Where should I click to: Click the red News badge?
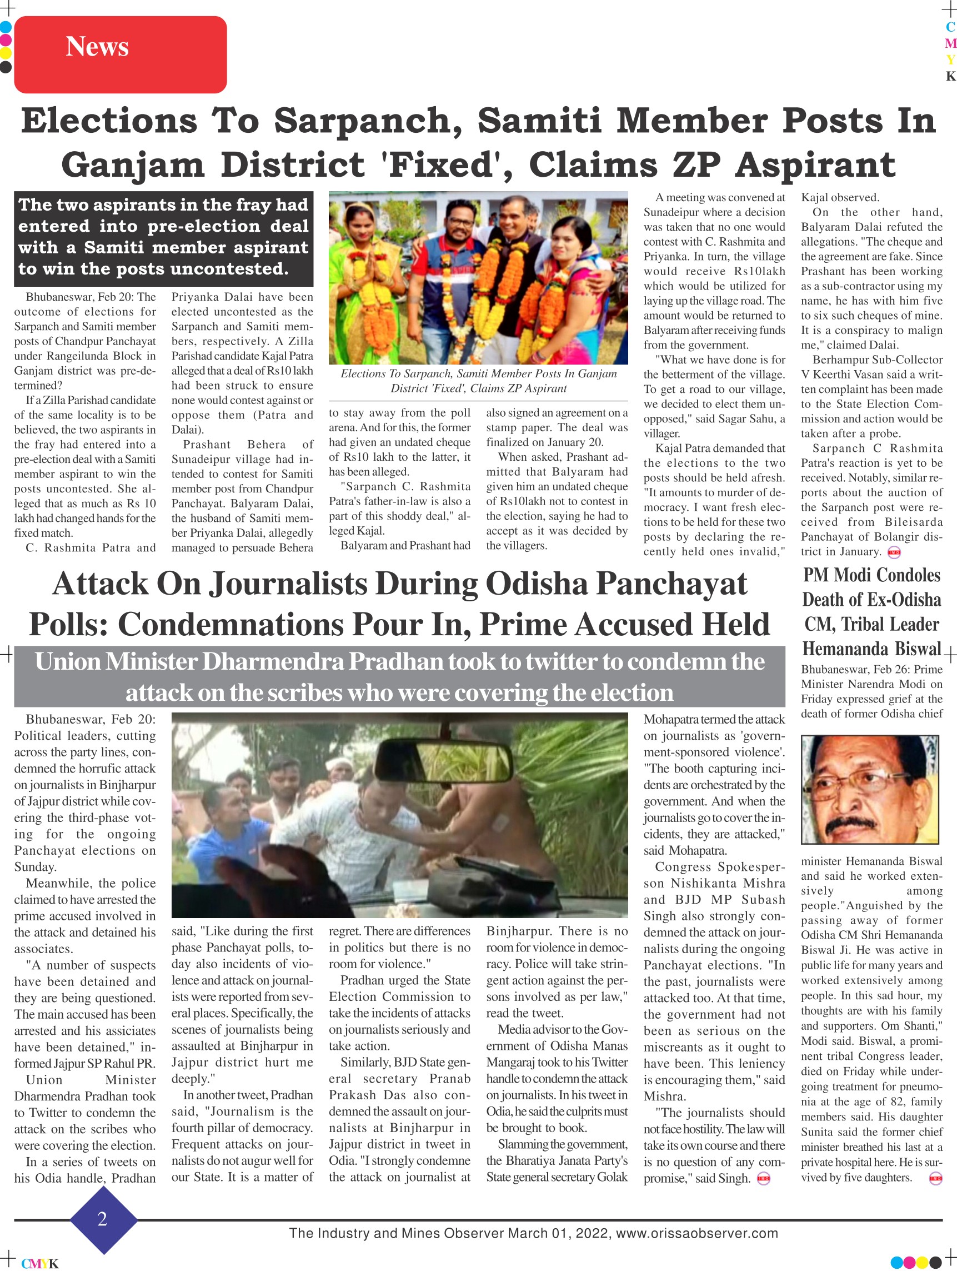(120, 54)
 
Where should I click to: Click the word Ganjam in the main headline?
(133, 165)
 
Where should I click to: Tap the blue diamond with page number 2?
(103, 1219)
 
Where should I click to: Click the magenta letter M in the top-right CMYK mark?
(951, 43)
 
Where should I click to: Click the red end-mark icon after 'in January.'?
(894, 553)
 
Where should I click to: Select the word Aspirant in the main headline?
(815, 165)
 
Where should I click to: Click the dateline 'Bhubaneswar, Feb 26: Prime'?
(871, 670)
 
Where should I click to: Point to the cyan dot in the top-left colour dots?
(6, 27)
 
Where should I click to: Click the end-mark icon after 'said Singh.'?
(764, 1179)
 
